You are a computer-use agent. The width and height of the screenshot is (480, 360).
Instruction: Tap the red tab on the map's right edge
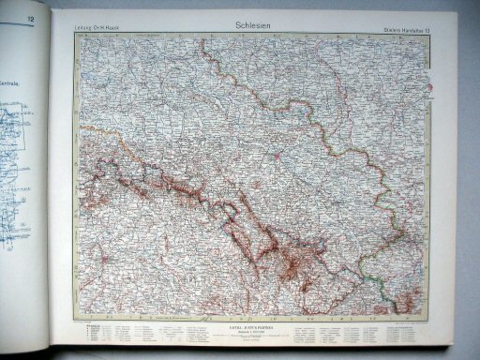click(431, 89)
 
